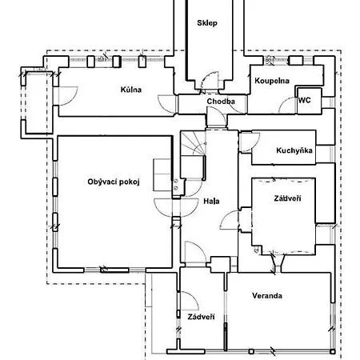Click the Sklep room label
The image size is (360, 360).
[207, 23]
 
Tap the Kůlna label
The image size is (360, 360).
[130, 90]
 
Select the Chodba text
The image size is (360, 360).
[221, 102]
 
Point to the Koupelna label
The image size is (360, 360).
[272, 81]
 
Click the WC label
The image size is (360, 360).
[305, 100]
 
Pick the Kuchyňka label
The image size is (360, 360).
[294, 150]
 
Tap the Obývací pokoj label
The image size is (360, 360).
[114, 182]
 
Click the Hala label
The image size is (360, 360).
[211, 201]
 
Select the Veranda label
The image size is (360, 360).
[267, 295]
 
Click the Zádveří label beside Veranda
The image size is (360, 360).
[201, 317]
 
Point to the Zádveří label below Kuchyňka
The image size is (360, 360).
[287, 198]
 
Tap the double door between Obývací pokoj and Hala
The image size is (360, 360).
[176, 207]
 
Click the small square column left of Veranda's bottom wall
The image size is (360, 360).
[251, 351]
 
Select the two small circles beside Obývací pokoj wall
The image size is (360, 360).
[176, 185]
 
